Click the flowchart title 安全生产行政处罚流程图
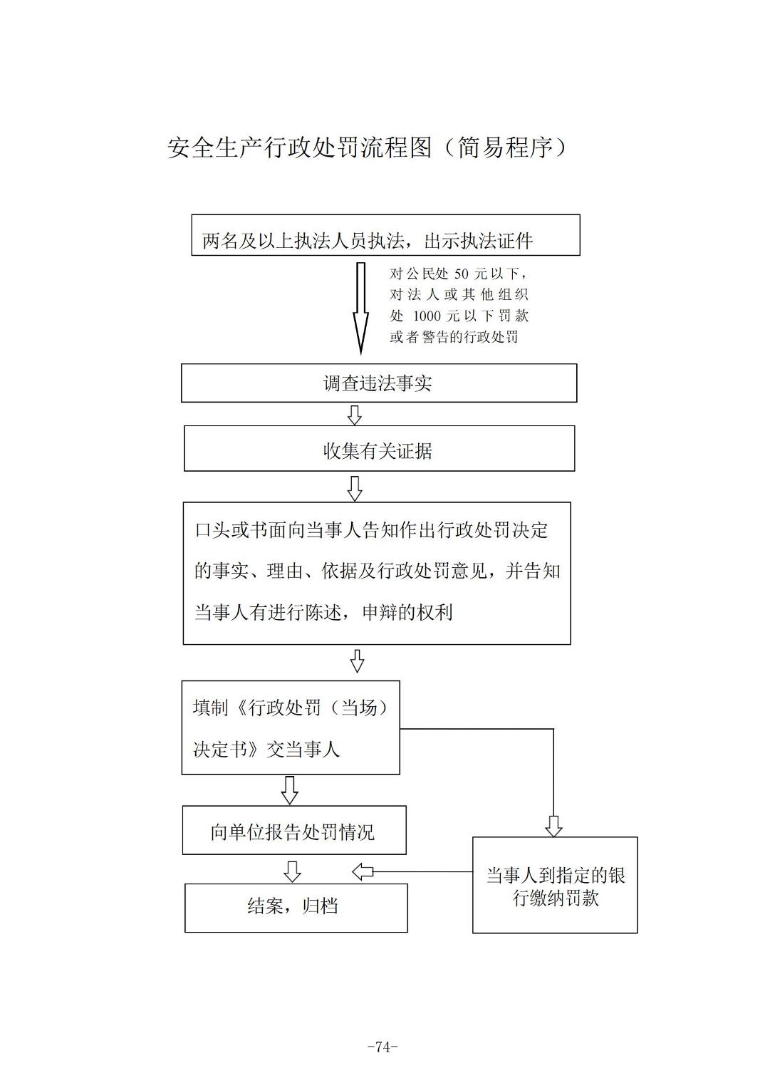299,147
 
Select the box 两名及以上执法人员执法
385,236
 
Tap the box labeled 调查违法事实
378,383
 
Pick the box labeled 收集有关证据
379,449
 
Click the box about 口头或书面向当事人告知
376,573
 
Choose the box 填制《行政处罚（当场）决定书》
291,727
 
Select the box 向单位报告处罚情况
294,831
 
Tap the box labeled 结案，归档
296,908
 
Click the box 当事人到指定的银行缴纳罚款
555,886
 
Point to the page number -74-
382,1047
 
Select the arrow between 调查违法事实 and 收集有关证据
354,415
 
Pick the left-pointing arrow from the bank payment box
363,871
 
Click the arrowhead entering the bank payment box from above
553,826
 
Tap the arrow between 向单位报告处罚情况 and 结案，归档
292,871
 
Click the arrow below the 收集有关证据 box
354,488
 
